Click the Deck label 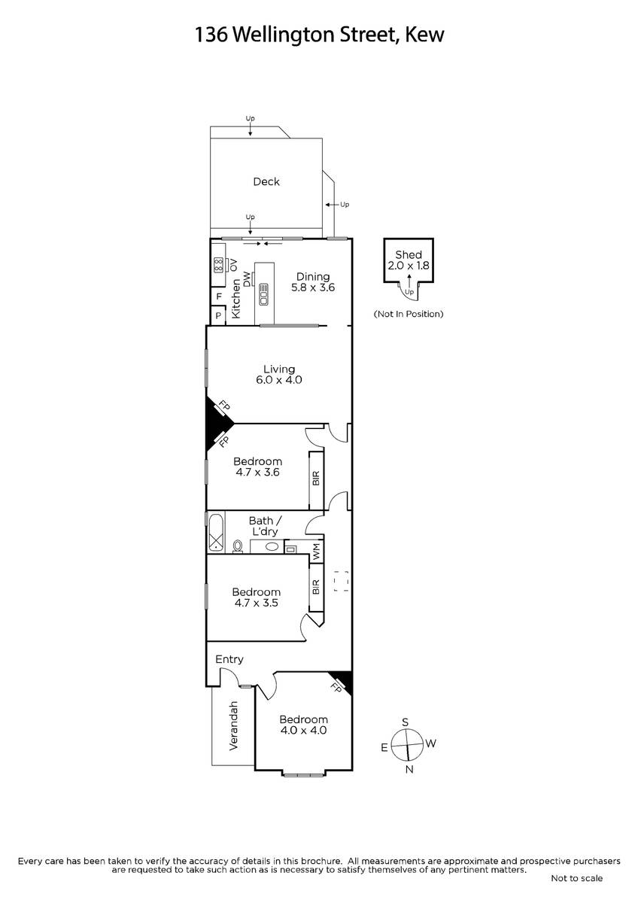click(266, 182)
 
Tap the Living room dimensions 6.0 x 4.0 click(279, 380)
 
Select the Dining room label click(313, 277)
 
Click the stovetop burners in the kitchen click(218, 265)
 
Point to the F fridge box click(219, 296)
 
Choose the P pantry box click(218, 315)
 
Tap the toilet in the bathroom click(238, 546)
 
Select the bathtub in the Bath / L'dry click(217, 533)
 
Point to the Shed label click(409, 255)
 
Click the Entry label click(229, 659)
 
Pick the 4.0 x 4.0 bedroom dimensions click(303, 730)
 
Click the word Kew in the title click(424, 35)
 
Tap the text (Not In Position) click(409, 314)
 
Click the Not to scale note click(577, 881)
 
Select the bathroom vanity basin click(269, 546)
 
